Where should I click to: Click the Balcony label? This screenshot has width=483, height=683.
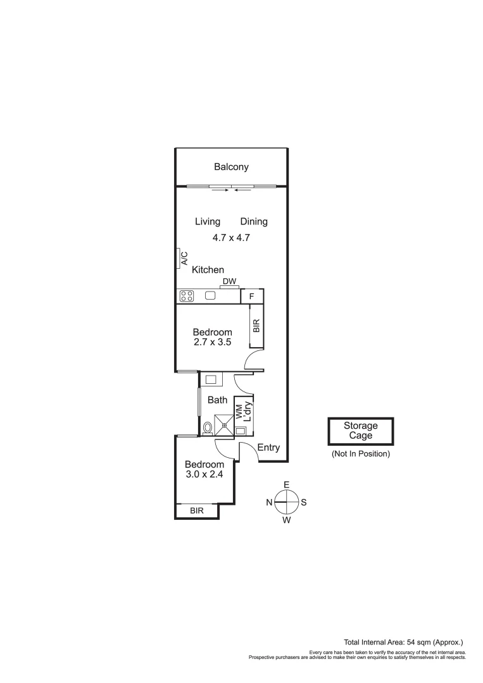point(231,167)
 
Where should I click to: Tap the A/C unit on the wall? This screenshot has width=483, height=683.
point(179,258)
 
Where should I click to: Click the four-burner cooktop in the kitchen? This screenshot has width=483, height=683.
point(187,295)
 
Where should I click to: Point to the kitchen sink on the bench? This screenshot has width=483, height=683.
point(210,295)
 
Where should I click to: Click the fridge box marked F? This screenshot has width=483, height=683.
point(252,296)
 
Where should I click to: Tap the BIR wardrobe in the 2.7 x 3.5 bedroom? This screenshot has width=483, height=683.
point(256,326)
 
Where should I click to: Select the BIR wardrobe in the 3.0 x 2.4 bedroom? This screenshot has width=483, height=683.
point(197,510)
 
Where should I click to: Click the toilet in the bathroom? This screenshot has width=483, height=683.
point(207,428)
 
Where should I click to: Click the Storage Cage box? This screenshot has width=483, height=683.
point(360,431)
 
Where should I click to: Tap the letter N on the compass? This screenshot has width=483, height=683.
point(269,503)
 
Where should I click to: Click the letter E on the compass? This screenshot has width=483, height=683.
point(286,485)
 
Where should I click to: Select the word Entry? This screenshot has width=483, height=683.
point(268,448)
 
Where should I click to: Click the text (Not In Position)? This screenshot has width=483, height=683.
point(360,453)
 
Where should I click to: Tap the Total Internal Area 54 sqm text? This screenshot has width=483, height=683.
point(404,641)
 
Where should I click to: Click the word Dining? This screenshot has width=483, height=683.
point(254,221)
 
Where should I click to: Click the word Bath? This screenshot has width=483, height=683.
point(217,400)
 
